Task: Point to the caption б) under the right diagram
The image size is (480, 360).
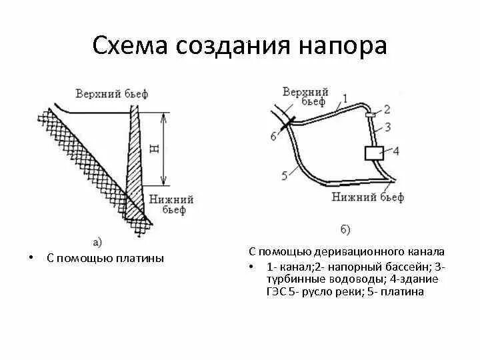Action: [x=345, y=229]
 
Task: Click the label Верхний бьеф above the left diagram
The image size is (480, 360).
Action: [x=112, y=93]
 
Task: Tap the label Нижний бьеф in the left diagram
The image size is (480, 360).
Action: [x=171, y=204]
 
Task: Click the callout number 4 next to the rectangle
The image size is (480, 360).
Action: [x=395, y=151]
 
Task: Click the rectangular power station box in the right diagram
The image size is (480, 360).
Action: [x=371, y=153]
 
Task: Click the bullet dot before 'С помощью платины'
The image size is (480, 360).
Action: [x=31, y=257]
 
